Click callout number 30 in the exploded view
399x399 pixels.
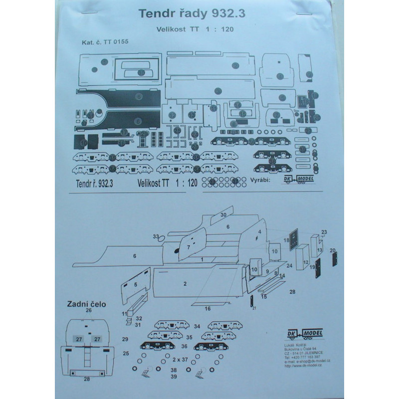(223, 214)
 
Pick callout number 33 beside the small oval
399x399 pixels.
(156, 236)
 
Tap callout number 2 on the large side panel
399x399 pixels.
(185, 283)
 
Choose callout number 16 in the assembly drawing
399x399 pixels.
(207, 309)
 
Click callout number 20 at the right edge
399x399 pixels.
(333, 249)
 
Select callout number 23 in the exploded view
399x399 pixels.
(324, 232)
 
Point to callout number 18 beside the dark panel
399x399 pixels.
(286, 241)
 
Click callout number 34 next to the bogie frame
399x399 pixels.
(197, 326)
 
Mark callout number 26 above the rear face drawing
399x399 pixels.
(89, 310)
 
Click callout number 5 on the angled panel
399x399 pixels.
(135, 284)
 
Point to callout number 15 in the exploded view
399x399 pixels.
(264, 296)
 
